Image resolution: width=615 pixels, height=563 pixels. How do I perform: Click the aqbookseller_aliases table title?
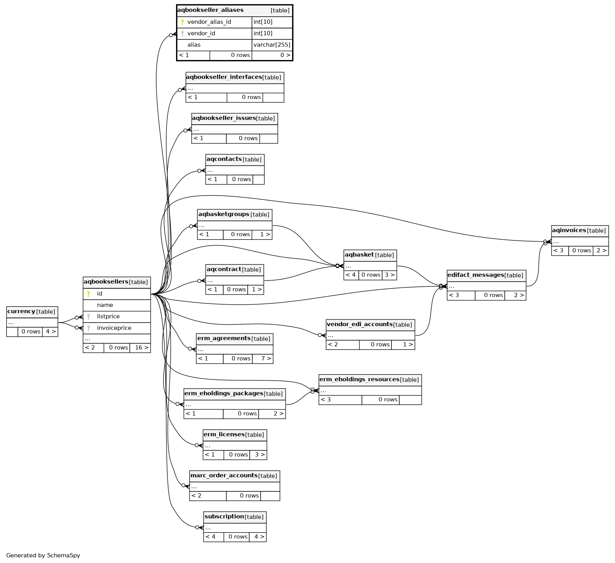210,10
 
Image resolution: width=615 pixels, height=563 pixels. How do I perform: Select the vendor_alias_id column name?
209,22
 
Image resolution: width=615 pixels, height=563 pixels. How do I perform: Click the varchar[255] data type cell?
272,45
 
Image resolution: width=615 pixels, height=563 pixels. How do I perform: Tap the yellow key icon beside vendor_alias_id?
182,22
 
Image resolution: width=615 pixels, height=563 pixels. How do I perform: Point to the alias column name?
194,45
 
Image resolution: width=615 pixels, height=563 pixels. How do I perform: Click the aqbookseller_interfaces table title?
224,77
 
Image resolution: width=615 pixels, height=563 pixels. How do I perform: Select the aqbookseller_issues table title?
224,118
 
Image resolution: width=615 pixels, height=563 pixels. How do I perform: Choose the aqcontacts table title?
224,159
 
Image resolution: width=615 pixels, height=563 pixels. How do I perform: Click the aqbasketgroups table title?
224,214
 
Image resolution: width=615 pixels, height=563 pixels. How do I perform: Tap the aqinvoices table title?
569,230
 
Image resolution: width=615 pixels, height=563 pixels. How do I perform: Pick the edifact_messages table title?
476,275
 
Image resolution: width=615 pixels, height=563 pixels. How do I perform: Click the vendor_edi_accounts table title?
359,324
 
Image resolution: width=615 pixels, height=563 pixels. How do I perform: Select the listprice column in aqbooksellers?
108,316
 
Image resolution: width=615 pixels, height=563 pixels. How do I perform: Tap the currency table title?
21,311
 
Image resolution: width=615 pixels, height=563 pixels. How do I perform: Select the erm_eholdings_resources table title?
359,379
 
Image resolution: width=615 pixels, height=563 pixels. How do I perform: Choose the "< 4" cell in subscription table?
211,537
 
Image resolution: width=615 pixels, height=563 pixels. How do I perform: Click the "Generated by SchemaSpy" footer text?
43,555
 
